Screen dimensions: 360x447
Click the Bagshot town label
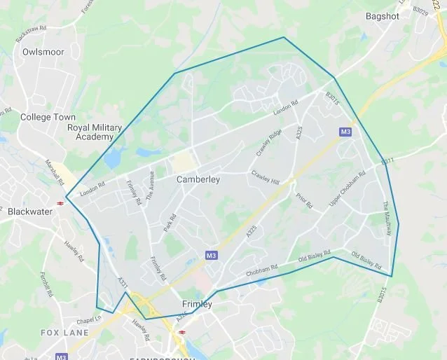(x=383, y=15)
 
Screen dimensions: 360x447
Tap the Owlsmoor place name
(x=43, y=52)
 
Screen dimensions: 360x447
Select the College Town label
(x=46, y=117)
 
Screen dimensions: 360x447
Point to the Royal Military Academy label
(x=94, y=132)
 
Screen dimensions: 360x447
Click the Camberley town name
(x=198, y=180)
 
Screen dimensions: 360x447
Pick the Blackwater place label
(x=30, y=211)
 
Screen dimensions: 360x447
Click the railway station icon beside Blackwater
(x=62, y=202)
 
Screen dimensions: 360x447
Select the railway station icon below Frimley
(x=182, y=332)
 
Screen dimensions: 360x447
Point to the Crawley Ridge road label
(x=268, y=143)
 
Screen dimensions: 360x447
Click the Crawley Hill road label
(x=266, y=178)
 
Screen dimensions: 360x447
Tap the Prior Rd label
(x=303, y=201)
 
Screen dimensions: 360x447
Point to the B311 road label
(x=388, y=162)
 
